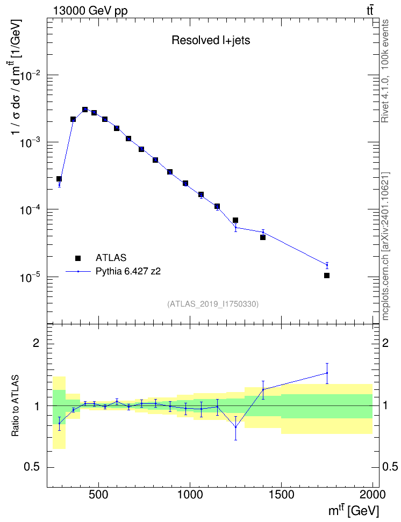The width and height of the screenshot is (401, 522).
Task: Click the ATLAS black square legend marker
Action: tap(78, 258)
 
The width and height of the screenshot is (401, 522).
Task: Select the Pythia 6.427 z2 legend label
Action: tap(128, 271)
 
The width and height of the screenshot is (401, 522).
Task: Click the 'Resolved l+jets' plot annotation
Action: tap(211, 40)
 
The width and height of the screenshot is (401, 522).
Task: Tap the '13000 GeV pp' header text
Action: tap(90, 11)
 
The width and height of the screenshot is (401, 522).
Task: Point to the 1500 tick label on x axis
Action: tap(281, 495)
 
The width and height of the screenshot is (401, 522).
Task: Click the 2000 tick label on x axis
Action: tap(373, 495)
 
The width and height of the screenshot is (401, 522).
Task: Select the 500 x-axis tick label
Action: tap(99, 495)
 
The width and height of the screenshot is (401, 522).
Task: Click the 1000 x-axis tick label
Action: tap(190, 495)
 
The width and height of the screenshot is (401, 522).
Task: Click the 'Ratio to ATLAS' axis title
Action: tap(15, 405)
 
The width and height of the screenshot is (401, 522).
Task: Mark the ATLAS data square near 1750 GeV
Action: tap(327, 275)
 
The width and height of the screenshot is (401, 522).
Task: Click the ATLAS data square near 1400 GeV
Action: tap(263, 237)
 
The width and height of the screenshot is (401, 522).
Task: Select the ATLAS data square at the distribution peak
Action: tap(85, 110)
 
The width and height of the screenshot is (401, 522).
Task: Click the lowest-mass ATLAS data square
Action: tap(59, 179)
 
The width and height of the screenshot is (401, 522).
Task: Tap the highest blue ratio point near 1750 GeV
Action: tap(327, 373)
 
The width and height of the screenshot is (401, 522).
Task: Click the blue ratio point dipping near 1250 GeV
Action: tap(235, 427)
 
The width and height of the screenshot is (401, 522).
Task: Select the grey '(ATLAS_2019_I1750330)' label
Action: tap(213, 304)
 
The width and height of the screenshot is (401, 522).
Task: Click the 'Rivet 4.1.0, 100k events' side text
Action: tap(385, 71)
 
